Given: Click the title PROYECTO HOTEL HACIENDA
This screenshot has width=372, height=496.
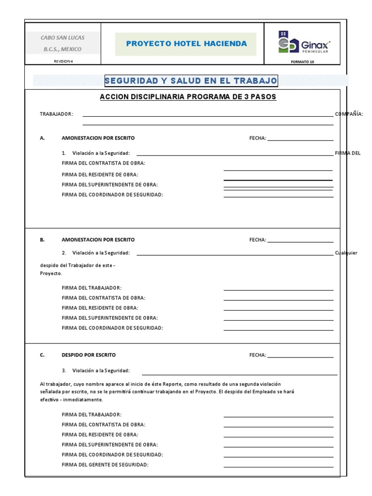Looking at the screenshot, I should [x=186, y=44].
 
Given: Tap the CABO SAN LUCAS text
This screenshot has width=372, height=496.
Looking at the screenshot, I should [x=62, y=37].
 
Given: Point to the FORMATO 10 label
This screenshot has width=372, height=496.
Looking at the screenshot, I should [x=302, y=62].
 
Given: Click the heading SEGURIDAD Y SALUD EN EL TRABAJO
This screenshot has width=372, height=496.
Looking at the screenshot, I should [x=191, y=80].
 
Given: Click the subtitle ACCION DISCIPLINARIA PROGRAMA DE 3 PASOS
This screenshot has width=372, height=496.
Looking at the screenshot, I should [x=188, y=97].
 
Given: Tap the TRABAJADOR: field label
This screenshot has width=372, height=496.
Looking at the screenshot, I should [x=56, y=114].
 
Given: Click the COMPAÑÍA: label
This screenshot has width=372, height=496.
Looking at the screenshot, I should [x=349, y=114].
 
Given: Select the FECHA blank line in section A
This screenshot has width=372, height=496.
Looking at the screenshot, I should [x=300, y=140].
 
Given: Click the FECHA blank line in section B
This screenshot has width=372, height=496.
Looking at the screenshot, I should [x=300, y=241].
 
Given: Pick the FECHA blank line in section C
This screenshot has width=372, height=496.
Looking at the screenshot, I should [x=300, y=357].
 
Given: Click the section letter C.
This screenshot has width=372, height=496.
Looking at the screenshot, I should [x=42, y=355].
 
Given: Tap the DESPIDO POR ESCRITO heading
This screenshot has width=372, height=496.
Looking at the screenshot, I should [x=89, y=355].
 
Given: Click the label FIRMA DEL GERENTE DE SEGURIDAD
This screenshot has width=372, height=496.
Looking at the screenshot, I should [x=105, y=465].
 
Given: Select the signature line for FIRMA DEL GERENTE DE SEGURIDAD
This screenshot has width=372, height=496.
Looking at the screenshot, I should [x=279, y=467].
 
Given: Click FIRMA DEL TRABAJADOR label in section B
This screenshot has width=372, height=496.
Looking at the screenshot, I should [x=92, y=288].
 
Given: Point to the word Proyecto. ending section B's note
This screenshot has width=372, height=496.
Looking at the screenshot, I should [x=51, y=273].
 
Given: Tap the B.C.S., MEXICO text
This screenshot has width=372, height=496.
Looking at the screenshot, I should [x=62, y=49].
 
